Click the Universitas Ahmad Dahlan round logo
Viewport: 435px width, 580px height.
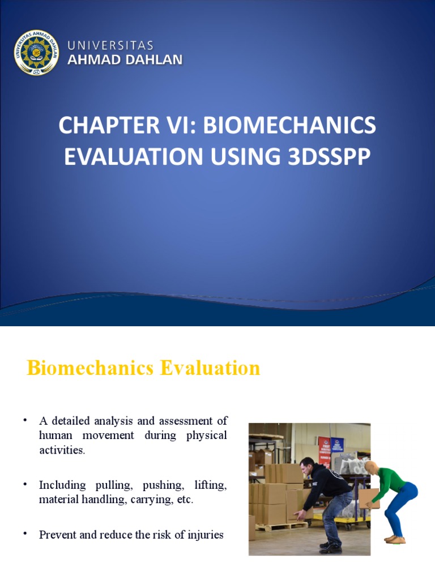[36, 52]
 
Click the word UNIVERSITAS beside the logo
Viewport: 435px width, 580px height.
[110, 45]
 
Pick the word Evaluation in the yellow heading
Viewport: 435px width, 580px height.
[210, 368]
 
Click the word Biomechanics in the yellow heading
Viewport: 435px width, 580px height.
[90, 368]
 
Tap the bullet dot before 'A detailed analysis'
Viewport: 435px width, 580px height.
[25, 420]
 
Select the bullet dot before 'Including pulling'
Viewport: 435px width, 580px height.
[25, 485]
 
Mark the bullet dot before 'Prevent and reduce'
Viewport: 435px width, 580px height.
[25, 534]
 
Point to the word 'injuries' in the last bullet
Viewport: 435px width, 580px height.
[207, 534]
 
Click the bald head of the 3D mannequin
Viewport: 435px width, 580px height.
[371, 468]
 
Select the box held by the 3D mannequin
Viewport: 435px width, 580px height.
[369, 497]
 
